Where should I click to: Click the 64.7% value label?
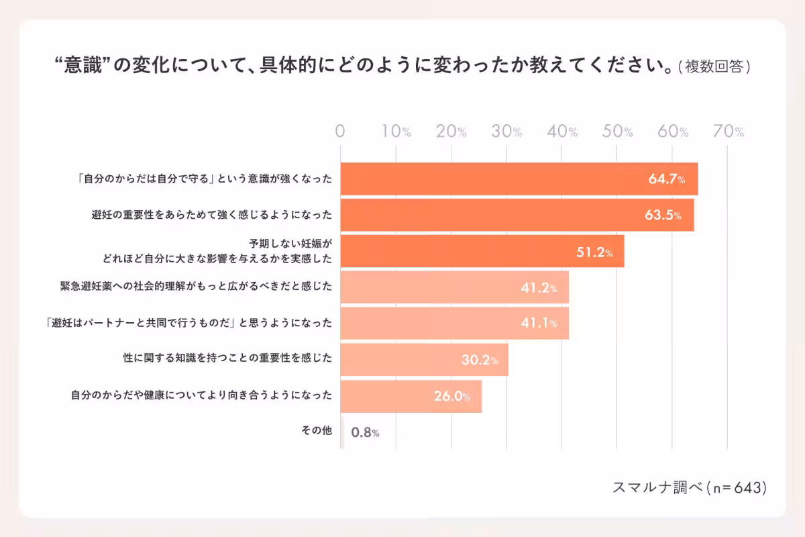coord(666,179)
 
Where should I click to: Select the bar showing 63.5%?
coord(517,215)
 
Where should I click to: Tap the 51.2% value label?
coord(594,252)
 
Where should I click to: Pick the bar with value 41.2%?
coord(454,287)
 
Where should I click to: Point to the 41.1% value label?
coord(539,324)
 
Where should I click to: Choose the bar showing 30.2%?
coord(424,360)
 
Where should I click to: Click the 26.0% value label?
coord(451,396)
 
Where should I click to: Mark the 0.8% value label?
coord(365,432)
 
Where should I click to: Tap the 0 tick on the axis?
coord(340,132)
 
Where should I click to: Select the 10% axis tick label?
coord(396,132)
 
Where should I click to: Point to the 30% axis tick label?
coord(507,132)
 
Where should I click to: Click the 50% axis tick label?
coord(618,132)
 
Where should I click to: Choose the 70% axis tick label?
coord(729,132)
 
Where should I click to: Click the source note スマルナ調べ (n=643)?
coord(689,488)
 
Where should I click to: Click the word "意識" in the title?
coord(81,66)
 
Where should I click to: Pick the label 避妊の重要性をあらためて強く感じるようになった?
coord(211,215)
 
